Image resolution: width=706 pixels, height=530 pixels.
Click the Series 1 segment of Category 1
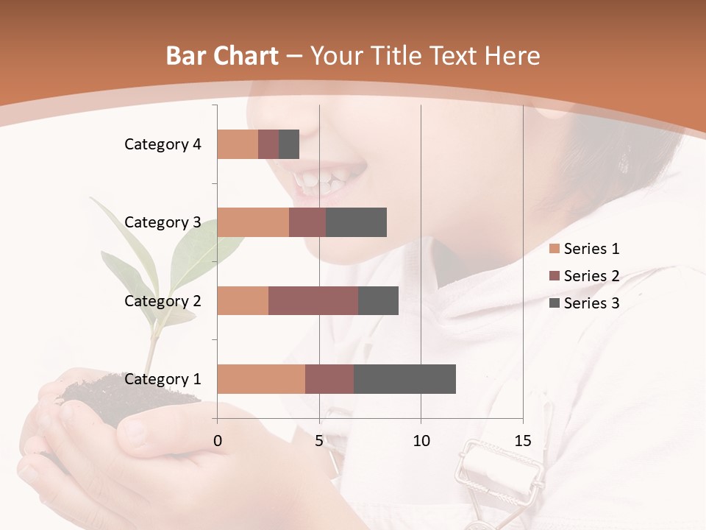(261, 379)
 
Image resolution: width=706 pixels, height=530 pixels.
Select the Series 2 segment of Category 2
(313, 300)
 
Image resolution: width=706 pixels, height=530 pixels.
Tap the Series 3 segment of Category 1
(404, 379)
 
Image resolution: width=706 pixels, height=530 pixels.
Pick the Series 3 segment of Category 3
(356, 222)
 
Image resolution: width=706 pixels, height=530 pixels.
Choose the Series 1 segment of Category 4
(238, 144)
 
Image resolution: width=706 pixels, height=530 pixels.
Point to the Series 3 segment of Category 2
(378, 300)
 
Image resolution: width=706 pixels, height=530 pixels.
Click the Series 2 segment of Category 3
(307, 222)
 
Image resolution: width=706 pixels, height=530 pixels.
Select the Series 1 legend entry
(585, 249)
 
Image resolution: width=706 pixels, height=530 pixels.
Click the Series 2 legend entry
(585, 276)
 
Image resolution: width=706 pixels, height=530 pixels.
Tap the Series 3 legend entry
(585, 303)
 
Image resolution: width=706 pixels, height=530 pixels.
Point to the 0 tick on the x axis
(217, 442)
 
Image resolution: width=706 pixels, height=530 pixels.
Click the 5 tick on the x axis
(319, 442)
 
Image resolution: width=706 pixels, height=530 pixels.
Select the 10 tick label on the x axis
(421, 442)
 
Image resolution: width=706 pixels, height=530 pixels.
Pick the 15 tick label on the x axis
(523, 442)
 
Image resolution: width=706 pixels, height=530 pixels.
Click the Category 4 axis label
(163, 144)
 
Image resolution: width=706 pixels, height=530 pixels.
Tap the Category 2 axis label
(163, 300)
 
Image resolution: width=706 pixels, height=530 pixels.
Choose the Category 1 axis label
(163, 379)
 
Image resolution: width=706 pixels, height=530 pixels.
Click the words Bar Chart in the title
(222, 56)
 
